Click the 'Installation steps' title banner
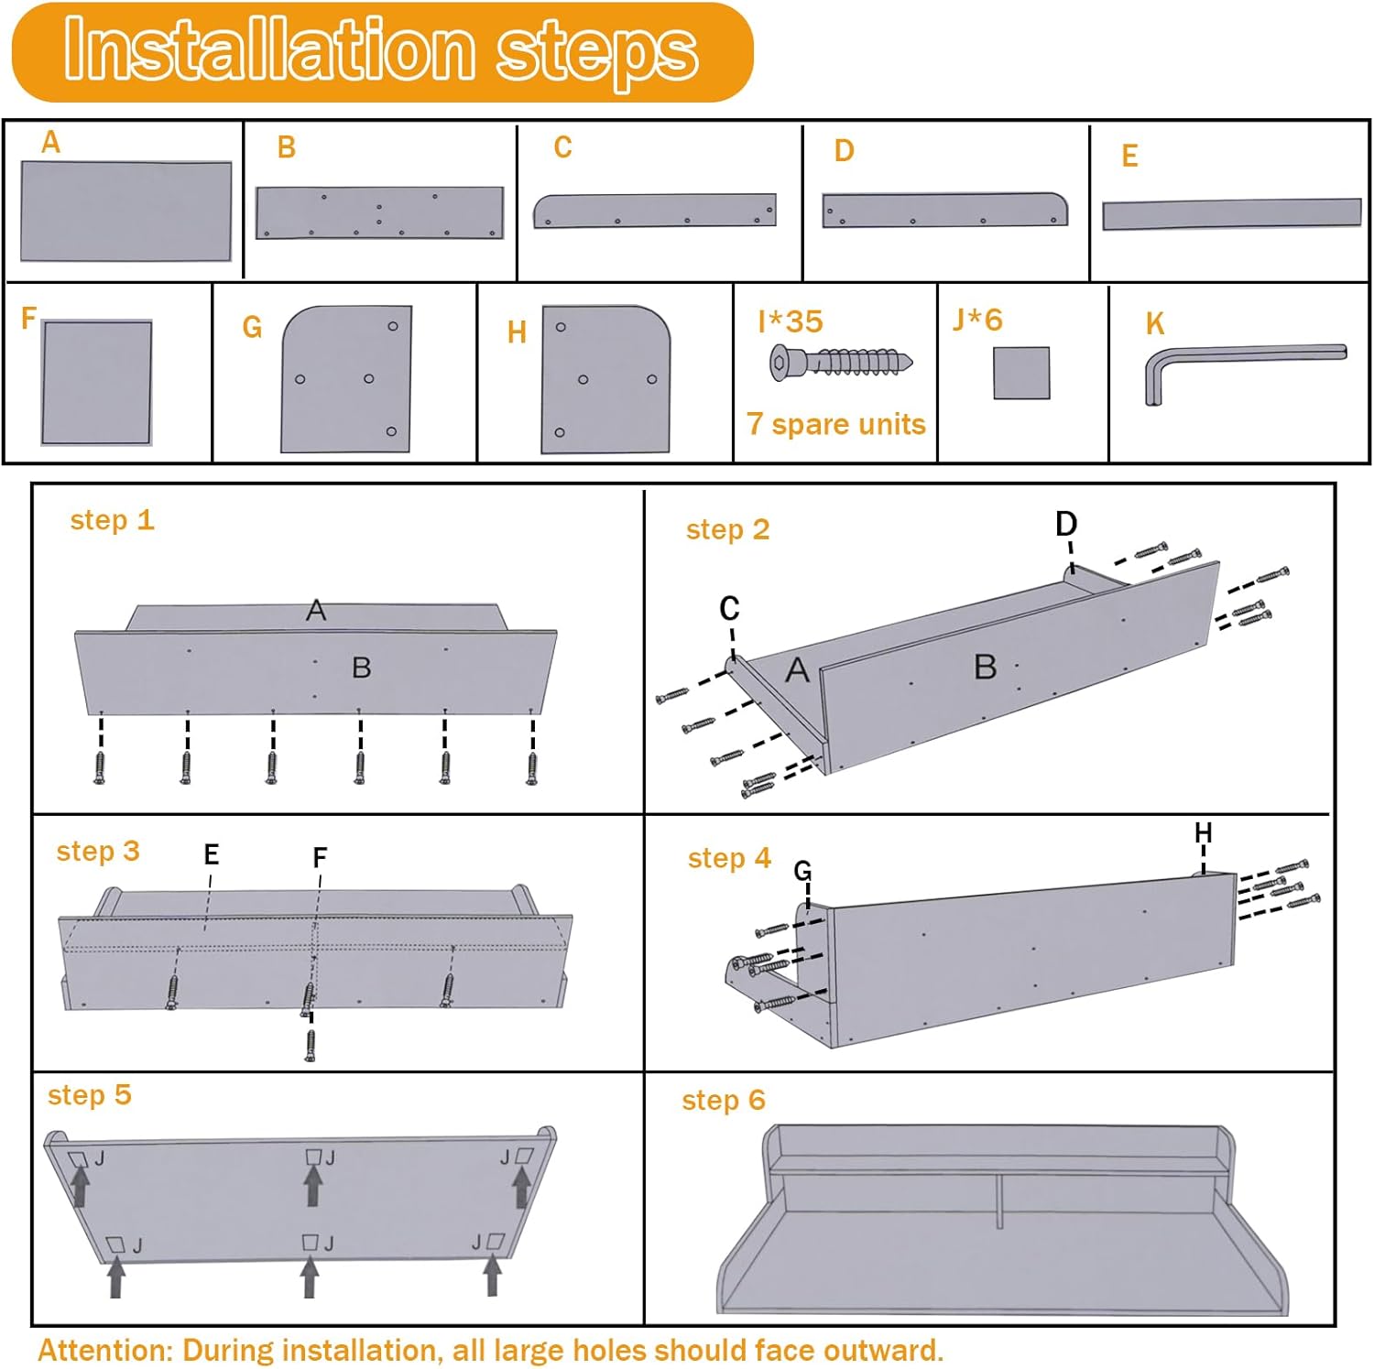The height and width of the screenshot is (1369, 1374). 382,52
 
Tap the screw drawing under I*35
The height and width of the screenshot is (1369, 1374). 841,362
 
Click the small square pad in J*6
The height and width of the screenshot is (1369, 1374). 1021,373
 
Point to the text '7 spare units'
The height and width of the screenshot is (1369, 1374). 835,425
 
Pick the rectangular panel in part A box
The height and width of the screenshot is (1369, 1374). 125,212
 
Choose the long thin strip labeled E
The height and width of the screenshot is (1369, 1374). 1231,214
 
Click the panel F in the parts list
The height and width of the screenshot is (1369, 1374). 96,382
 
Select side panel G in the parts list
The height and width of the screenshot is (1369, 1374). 347,379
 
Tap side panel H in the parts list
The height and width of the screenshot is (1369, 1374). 605,379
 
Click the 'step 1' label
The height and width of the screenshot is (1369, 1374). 112,520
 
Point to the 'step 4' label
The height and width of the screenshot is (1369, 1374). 729,858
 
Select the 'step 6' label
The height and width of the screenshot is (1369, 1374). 723,1100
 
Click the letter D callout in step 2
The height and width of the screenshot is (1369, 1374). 1066,524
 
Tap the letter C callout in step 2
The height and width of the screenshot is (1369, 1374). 729,608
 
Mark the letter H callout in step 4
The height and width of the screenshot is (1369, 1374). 1203,833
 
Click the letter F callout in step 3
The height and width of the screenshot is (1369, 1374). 320,858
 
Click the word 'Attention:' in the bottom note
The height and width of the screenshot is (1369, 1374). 105,1350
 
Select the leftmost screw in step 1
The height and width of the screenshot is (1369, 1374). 100,767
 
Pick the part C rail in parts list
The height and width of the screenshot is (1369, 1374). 654,211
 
